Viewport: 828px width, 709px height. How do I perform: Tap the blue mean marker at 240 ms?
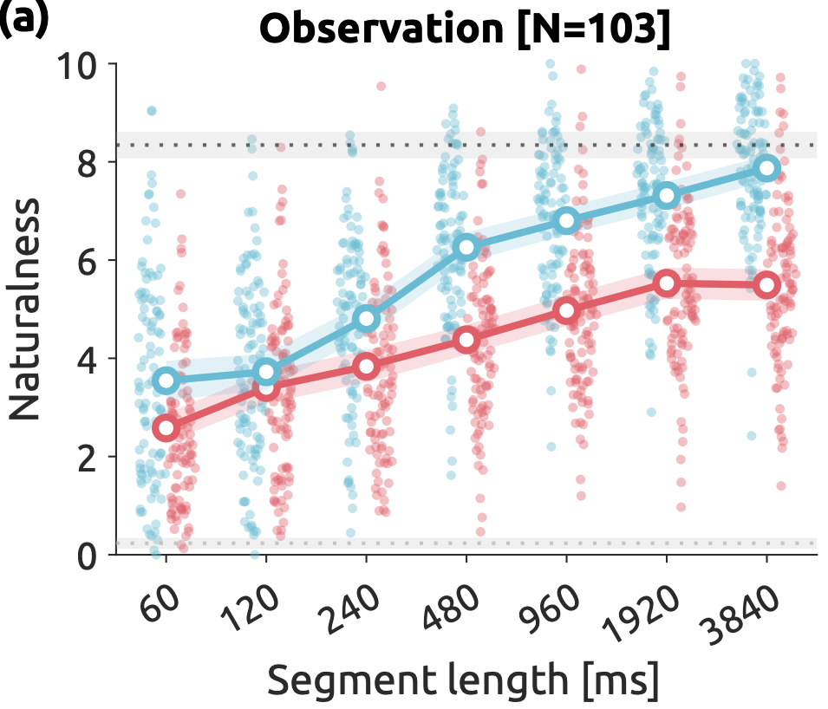pyautogui.click(x=367, y=319)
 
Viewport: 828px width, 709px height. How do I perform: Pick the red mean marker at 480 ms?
pyautogui.click(x=466, y=339)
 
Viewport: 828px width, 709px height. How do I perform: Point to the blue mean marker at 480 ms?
pyautogui.click(x=466, y=247)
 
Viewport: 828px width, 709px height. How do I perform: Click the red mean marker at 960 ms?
pyautogui.click(x=566, y=310)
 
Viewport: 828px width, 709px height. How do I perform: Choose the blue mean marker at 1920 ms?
pyautogui.click(x=666, y=195)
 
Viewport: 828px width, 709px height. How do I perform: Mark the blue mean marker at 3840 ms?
pyautogui.click(x=766, y=168)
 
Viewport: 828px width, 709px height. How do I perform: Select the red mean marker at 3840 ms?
pyautogui.click(x=766, y=284)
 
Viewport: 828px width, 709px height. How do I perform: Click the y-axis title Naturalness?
pyautogui.click(x=26, y=309)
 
